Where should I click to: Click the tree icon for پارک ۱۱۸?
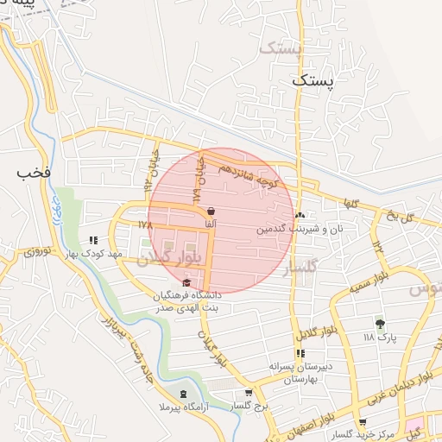(x=380, y=324)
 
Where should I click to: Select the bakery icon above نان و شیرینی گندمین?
(x=300, y=216)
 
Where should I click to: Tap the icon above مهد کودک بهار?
(x=93, y=241)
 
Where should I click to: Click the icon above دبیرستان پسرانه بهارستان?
(x=300, y=354)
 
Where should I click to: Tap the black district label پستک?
(x=312, y=80)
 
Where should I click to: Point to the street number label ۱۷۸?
(x=144, y=224)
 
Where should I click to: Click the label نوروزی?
(x=38, y=253)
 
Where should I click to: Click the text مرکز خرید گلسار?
(x=370, y=432)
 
